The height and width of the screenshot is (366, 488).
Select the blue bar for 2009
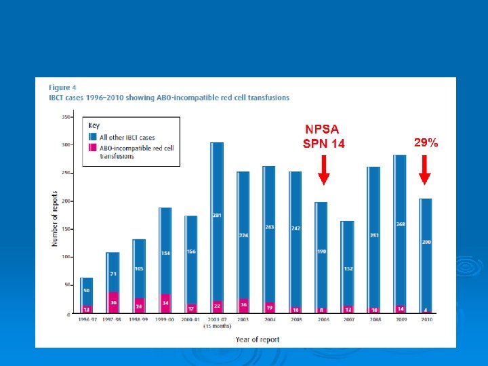400,230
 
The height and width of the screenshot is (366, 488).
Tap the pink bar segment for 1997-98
113,302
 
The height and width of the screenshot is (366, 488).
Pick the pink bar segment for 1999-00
165,304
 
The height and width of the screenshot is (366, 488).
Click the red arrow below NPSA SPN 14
324,169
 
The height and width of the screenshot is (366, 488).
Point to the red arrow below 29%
424,169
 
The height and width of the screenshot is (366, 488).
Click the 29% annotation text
426,143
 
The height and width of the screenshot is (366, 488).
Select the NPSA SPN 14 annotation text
324,136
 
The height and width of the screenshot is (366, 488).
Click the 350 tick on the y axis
66,117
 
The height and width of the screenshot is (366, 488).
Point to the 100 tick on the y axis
66,257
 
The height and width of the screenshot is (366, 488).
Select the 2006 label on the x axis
322,320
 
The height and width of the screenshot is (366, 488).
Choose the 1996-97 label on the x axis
86,320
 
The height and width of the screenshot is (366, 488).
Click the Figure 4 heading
62,87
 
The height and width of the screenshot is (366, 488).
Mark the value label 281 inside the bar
218,216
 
